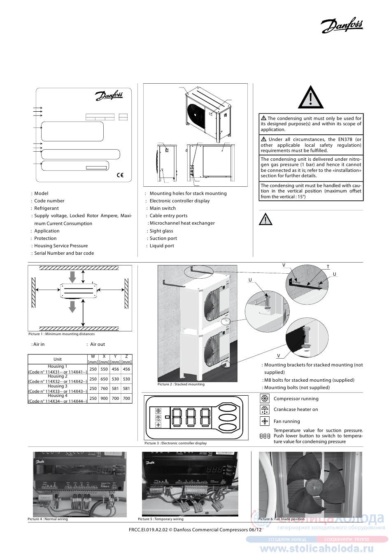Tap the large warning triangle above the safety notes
[311, 98]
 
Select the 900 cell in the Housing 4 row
[104, 399]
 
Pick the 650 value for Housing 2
[104, 379]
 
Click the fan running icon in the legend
[265, 421]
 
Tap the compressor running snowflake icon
[265, 399]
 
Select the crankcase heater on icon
[265, 410]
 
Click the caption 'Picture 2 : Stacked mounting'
[181, 384]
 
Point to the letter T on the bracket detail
[328, 267]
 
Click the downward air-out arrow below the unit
[72, 307]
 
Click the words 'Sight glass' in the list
[161, 231]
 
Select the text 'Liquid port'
[162, 246]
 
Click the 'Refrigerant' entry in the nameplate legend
[47, 208]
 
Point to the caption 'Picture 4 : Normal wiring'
[48, 519]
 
